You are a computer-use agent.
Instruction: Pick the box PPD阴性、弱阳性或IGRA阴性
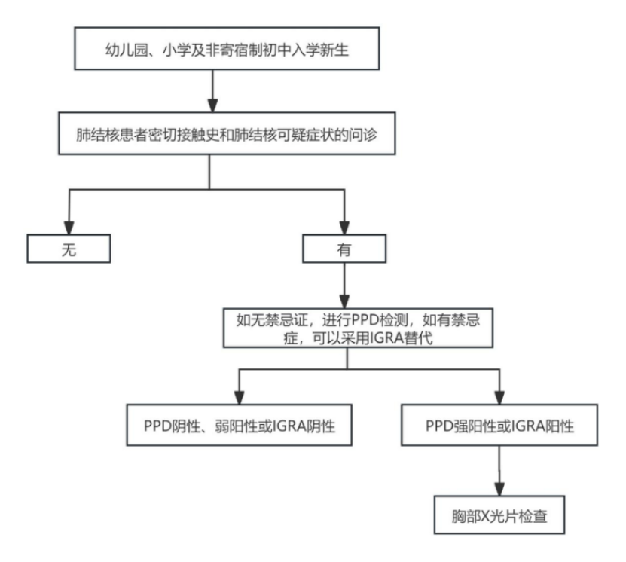239,426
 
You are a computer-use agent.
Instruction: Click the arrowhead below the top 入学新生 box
213,104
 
